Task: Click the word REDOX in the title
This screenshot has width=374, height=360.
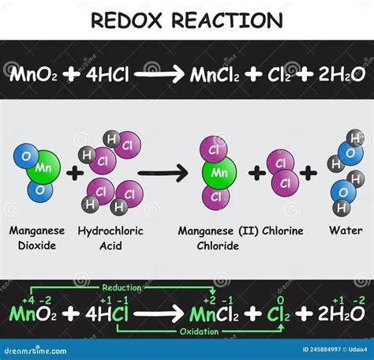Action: (126, 20)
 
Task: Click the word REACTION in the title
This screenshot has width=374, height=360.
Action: (227, 20)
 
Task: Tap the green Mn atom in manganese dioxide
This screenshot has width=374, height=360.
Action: (43, 167)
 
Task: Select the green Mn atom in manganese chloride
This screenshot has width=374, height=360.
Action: (219, 173)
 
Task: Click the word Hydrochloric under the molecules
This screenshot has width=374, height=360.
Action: (110, 231)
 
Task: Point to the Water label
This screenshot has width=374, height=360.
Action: (346, 231)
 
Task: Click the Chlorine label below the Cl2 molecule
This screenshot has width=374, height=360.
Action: (282, 231)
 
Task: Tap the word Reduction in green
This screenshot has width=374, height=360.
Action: (122, 287)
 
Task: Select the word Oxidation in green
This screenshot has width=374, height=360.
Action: (199, 332)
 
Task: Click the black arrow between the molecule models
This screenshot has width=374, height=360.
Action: (163, 173)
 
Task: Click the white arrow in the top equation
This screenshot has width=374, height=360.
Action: (159, 74)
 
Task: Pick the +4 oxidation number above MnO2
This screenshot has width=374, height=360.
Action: (28, 300)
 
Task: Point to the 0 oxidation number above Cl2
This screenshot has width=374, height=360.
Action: (281, 300)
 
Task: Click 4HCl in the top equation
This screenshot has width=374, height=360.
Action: (107, 74)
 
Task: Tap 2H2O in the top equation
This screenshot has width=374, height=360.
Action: (342, 74)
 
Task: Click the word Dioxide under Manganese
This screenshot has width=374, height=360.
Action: (37, 246)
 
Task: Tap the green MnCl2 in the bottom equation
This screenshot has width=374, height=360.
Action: (214, 314)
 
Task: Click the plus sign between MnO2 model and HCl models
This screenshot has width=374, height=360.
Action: (75, 173)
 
